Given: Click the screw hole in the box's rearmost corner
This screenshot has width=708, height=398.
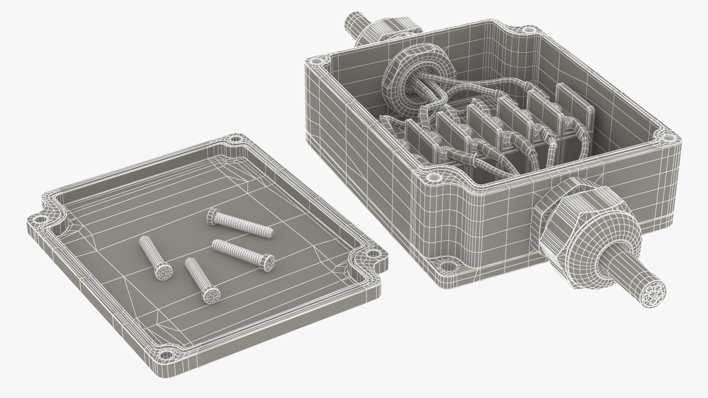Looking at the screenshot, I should click(x=528, y=29).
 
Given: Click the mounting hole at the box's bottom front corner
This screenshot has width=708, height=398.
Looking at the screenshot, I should click(x=447, y=266).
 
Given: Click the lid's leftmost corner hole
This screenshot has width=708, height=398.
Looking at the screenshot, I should click(x=37, y=220).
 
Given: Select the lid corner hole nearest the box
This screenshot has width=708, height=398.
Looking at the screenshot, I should click(x=373, y=254).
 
